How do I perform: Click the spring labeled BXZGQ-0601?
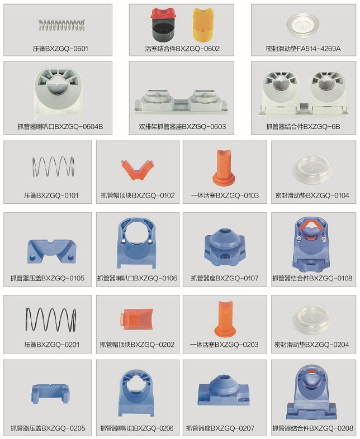[61, 25]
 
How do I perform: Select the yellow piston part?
[203, 25]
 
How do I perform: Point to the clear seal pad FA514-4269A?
[304, 25]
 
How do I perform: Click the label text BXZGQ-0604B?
[79, 127]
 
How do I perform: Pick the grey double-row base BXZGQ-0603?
[181, 101]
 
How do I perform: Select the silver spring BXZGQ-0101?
[53, 166]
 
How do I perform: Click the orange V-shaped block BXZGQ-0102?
[138, 170]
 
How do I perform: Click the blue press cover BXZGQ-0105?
[52, 251]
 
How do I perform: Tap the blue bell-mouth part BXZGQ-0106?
[136, 243]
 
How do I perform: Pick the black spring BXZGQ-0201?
[50, 319]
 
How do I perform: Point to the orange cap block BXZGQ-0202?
[137, 319]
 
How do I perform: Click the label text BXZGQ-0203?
[237, 345]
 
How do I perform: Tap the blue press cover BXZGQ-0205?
[50, 394]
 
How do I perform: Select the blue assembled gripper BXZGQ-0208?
[311, 392]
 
